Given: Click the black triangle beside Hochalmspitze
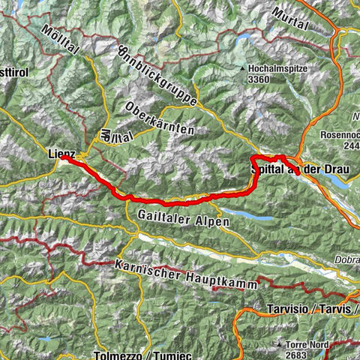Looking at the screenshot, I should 243,70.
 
